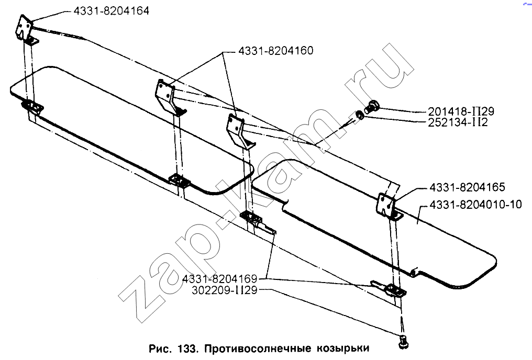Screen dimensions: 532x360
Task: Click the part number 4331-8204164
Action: tap(112, 11)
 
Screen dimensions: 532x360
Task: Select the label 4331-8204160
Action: tap(275, 51)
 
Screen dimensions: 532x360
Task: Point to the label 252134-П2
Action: tap(457, 122)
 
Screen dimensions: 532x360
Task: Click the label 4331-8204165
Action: tap(467, 187)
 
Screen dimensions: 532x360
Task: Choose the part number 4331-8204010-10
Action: tap(475, 205)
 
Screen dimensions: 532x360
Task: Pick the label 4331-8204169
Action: tap(220, 279)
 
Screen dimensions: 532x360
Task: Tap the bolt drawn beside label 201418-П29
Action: tap(371, 107)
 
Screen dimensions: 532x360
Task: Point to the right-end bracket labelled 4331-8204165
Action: tap(389, 207)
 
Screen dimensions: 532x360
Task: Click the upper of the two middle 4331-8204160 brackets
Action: tap(169, 97)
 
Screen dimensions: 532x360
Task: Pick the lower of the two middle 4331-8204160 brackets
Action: tap(240, 131)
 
